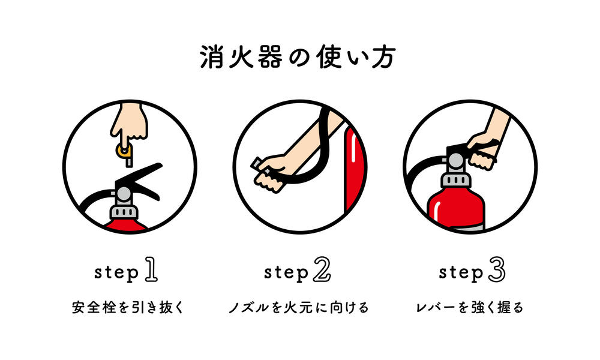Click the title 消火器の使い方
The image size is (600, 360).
point(298,57)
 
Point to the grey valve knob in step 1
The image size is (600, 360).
point(124,194)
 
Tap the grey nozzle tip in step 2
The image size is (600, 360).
point(256,163)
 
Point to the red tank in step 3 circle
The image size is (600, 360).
point(455,209)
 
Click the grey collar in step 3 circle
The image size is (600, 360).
point(455,180)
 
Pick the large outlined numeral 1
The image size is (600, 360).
point(151,269)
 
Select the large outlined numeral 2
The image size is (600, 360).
point(322,269)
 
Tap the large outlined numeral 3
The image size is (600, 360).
point(496,269)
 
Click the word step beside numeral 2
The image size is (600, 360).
point(286,273)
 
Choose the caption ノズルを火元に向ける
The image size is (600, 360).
point(299,307)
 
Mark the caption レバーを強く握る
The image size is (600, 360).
point(470,307)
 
